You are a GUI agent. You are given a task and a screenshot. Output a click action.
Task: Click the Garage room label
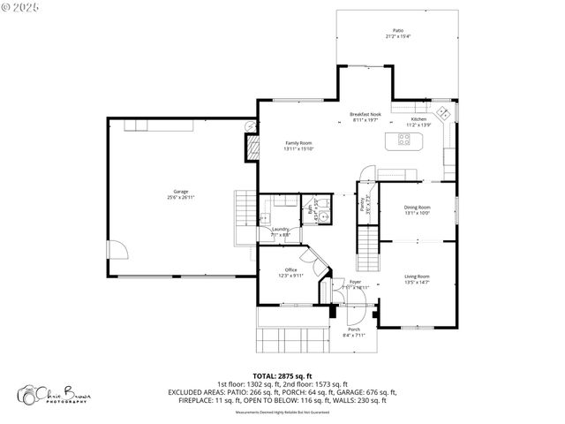(180, 192)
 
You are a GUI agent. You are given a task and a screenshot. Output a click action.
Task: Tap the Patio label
(398, 30)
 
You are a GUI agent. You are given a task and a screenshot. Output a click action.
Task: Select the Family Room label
(298, 142)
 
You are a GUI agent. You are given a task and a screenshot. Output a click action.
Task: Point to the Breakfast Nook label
(365, 114)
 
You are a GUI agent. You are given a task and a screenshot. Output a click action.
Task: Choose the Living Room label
(417, 276)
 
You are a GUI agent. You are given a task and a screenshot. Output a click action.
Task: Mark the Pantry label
(362, 204)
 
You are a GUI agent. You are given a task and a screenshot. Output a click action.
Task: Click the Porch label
(353, 329)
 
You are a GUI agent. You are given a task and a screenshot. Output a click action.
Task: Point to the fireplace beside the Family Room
(251, 147)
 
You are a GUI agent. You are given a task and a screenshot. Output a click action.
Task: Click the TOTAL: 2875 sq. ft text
(282, 375)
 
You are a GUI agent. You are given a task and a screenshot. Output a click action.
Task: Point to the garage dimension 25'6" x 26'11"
(180, 198)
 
